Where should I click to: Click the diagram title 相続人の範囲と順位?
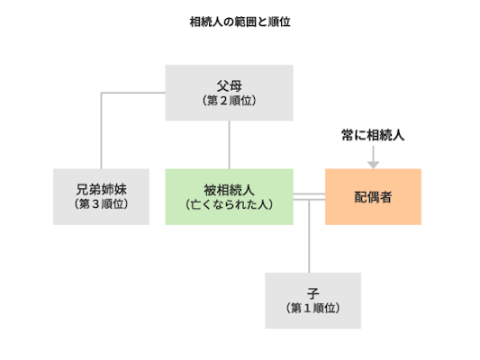[x=239, y=21]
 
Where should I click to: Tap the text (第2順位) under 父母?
[x=229, y=102]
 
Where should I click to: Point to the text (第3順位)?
[x=101, y=204]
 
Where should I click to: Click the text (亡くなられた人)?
[x=229, y=204]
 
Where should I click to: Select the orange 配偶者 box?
[x=373, y=196]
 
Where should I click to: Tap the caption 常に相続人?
[x=373, y=135]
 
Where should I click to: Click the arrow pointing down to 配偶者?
[x=373, y=157]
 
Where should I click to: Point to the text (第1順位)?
[x=312, y=309]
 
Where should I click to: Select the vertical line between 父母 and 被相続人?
[x=229, y=144]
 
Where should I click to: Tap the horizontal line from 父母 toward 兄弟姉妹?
[x=135, y=92]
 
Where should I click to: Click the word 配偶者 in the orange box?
[x=373, y=196]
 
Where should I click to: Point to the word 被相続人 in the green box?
[x=229, y=189]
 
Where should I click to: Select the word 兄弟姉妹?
[x=101, y=189]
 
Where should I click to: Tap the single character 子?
[x=312, y=293]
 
